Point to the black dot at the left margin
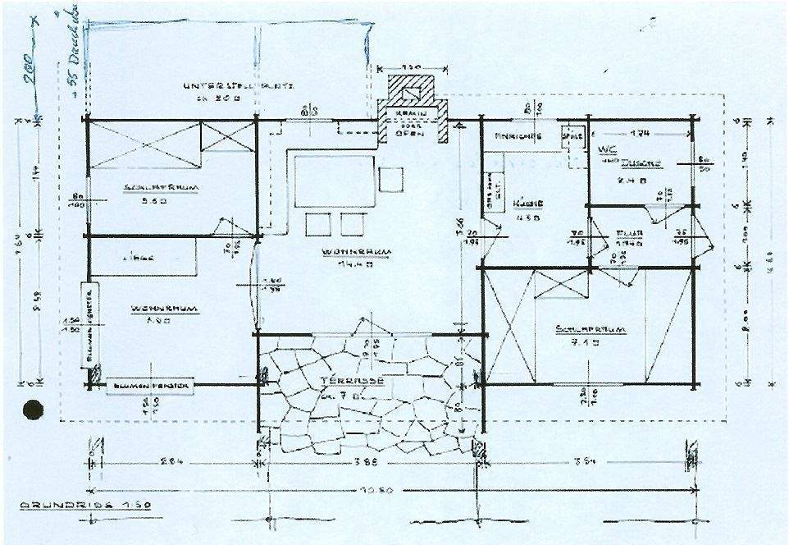click(34, 408)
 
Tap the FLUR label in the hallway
click(627, 232)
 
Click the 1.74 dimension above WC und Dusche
click(639, 131)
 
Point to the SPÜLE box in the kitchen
click(568, 135)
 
